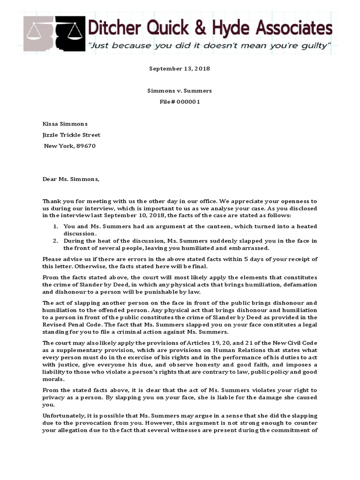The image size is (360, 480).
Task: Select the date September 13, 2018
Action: [180, 68]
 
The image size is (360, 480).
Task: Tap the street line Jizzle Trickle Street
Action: [72, 135]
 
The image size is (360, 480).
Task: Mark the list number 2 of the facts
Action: [55, 241]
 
